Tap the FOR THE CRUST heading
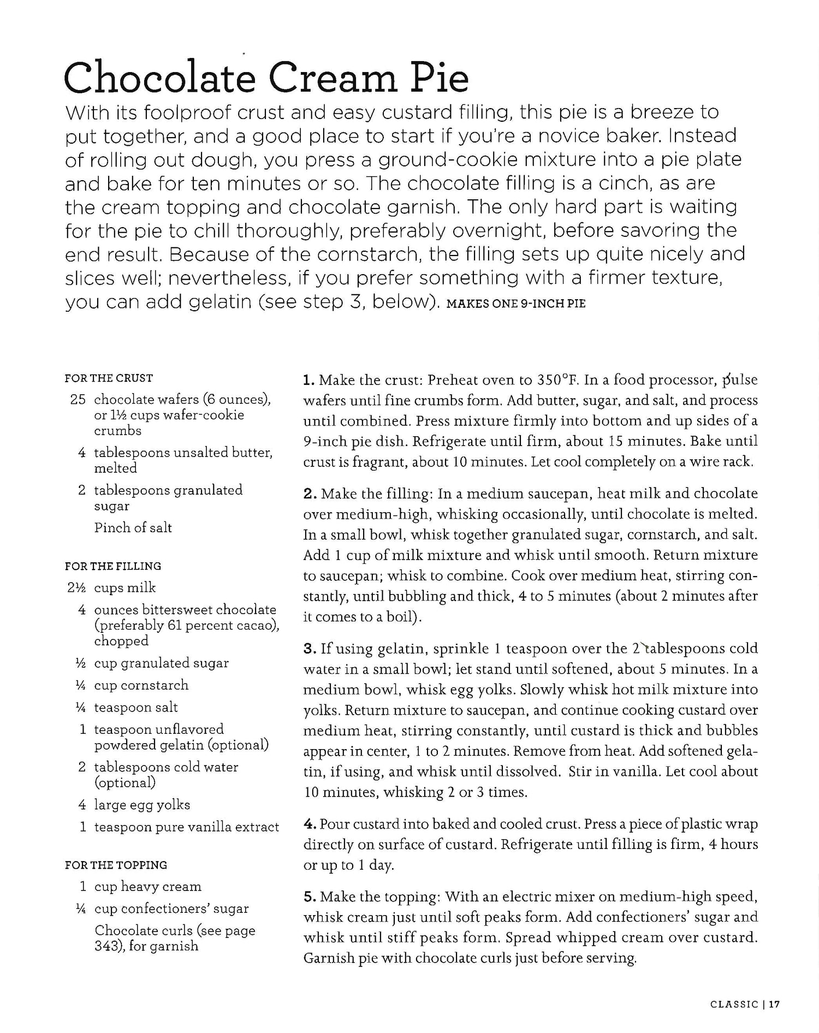[x=109, y=378]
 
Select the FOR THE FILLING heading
[x=113, y=566]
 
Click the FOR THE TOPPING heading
[x=116, y=865]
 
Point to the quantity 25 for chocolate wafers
[x=78, y=400]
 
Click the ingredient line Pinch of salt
[x=133, y=527]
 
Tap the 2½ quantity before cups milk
[x=77, y=587]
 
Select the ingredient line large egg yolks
[x=142, y=805]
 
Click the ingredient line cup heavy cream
[x=147, y=887]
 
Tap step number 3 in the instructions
[x=309, y=649]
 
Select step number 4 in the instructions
[x=309, y=824]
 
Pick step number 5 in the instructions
[x=309, y=897]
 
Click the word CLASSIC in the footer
[x=734, y=1004]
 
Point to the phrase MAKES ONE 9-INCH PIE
[x=516, y=304]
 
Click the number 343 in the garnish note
[x=103, y=946]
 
